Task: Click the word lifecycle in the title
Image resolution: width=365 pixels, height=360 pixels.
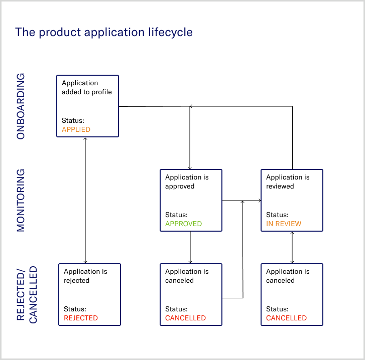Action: (x=168, y=32)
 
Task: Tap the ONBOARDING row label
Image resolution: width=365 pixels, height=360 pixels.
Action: (x=21, y=106)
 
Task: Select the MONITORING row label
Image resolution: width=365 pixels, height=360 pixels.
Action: (x=21, y=200)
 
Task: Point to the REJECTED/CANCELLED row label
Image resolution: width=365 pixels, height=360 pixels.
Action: (x=27, y=294)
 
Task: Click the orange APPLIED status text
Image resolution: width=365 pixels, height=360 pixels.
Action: (x=76, y=129)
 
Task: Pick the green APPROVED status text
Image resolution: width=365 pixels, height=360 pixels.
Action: (x=183, y=224)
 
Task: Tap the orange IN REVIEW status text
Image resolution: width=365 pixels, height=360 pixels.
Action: (x=284, y=224)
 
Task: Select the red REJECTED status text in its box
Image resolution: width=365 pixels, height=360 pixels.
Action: (x=81, y=318)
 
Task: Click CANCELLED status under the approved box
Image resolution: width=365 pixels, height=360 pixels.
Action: (x=185, y=318)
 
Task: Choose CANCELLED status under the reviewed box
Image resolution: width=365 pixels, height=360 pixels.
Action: (x=286, y=318)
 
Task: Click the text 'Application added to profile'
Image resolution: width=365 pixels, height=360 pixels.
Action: (x=87, y=87)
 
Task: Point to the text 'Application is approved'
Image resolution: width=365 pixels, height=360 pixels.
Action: (x=187, y=182)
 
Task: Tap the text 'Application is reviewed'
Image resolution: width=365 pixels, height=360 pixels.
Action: (x=288, y=182)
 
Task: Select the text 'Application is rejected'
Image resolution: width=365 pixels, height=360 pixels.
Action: (x=85, y=276)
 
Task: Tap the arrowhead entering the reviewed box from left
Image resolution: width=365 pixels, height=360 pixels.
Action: (x=260, y=201)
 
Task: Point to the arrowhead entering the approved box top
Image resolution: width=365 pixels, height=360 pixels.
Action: (x=190, y=167)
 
